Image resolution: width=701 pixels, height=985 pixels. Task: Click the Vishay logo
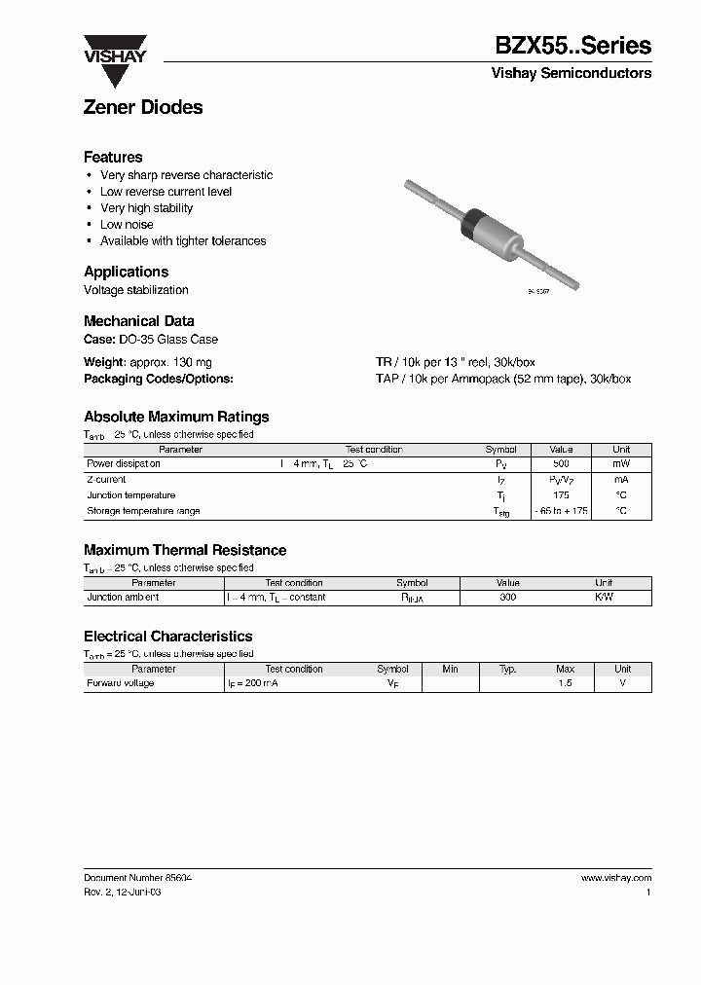coord(114,50)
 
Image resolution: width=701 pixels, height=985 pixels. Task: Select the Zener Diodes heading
coord(143,108)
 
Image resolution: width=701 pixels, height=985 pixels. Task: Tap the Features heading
coord(113,157)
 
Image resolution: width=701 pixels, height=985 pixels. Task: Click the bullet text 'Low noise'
coord(127,225)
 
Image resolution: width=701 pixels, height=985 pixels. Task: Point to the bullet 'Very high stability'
coord(146,208)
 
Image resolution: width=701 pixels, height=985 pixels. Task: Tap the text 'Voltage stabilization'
coord(135,290)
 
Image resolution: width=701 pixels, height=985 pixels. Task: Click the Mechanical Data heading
coord(138,321)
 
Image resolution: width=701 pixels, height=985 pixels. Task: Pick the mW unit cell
coord(621,464)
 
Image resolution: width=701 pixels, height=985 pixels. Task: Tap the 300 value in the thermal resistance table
coord(507,598)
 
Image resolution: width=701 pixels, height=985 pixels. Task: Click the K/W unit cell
coord(604,598)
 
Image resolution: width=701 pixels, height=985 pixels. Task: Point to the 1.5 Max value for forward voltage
coord(565,683)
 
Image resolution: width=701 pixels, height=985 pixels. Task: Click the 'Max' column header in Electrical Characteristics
coord(565,670)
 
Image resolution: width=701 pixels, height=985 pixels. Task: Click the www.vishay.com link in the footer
coord(615,878)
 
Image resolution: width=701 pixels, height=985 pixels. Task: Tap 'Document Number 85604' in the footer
coord(137,878)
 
